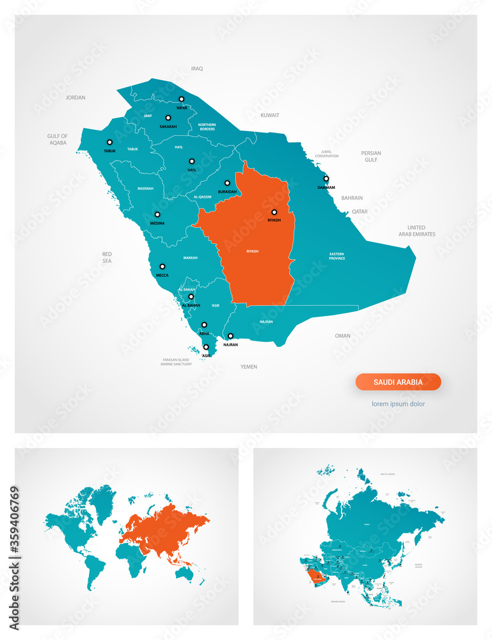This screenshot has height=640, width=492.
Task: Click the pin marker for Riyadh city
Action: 274,212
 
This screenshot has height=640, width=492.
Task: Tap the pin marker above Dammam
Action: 326,179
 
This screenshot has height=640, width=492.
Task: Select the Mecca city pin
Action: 163,266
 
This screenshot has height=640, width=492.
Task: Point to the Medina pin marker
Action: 157,215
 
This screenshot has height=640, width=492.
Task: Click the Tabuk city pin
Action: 109,142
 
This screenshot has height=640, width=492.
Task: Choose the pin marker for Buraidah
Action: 227,183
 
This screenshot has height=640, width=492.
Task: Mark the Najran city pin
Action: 230,336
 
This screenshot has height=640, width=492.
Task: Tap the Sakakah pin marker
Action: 168,118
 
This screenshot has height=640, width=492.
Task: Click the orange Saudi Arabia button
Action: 398,382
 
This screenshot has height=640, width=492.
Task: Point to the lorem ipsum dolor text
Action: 398,404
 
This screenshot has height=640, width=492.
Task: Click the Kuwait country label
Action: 269,115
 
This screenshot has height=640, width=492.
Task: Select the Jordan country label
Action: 75,98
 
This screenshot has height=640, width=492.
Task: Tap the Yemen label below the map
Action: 248,367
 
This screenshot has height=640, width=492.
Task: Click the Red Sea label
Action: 107,258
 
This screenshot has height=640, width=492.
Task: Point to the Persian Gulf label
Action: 370,156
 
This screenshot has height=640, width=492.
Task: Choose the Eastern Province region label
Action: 337,256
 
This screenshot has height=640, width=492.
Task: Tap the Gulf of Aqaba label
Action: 58,140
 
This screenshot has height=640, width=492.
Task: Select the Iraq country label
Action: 197,68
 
